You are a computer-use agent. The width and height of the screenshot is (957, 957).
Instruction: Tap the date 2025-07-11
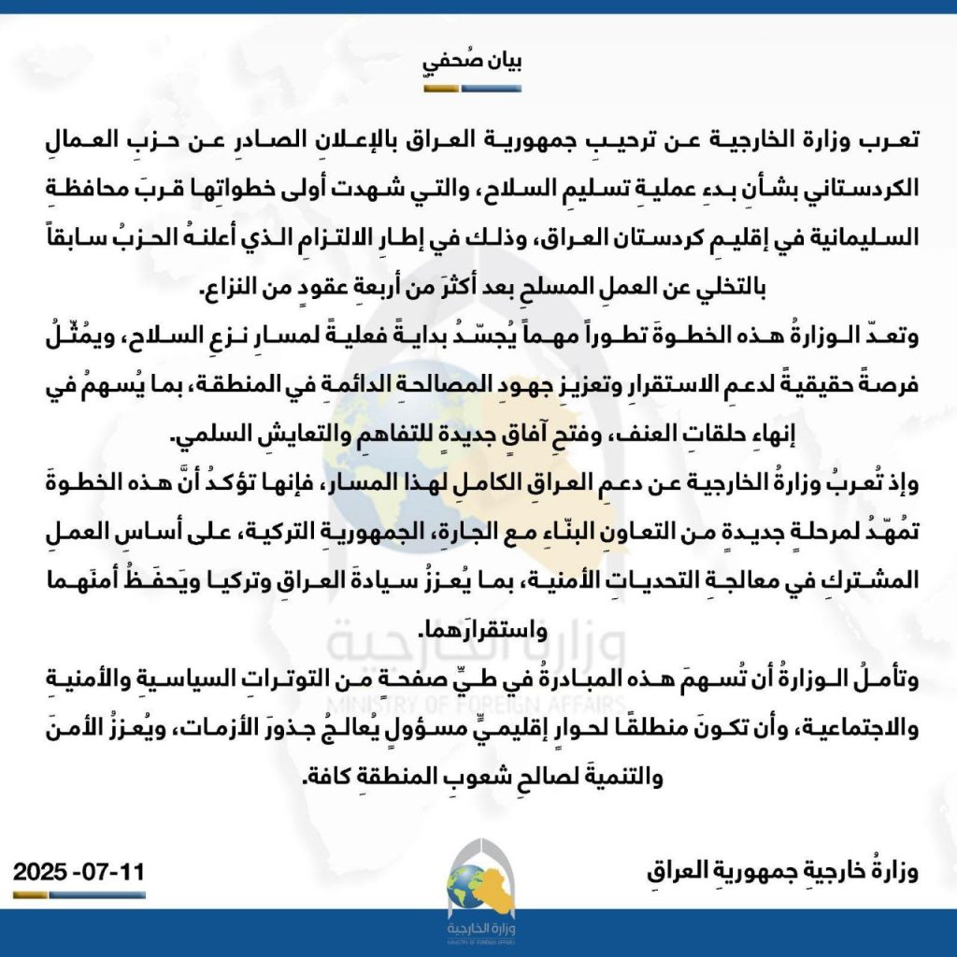(79, 875)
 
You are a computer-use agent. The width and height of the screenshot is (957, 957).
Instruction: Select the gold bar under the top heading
(442, 91)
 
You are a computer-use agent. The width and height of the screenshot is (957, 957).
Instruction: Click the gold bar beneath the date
(31, 895)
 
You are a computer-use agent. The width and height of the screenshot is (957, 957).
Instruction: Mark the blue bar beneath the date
(97, 895)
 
